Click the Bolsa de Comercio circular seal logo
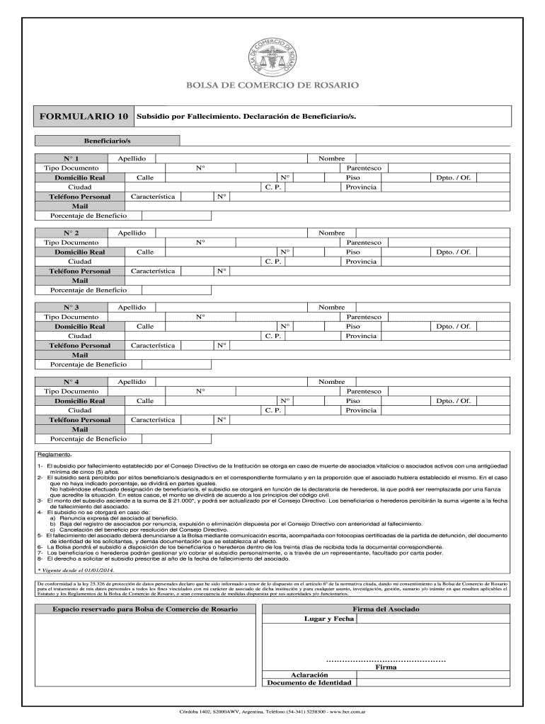tap(272, 55)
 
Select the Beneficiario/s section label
tap(108, 141)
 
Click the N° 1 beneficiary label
tap(71, 159)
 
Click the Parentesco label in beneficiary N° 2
tap(363, 243)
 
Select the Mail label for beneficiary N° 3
tap(80, 354)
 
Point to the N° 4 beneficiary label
tap(71, 382)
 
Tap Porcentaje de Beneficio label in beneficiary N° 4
tap(88, 438)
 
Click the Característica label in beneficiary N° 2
tap(153, 271)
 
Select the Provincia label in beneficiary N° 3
tap(361, 335)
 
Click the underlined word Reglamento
tap(54, 455)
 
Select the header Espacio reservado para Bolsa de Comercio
tap(142, 609)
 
